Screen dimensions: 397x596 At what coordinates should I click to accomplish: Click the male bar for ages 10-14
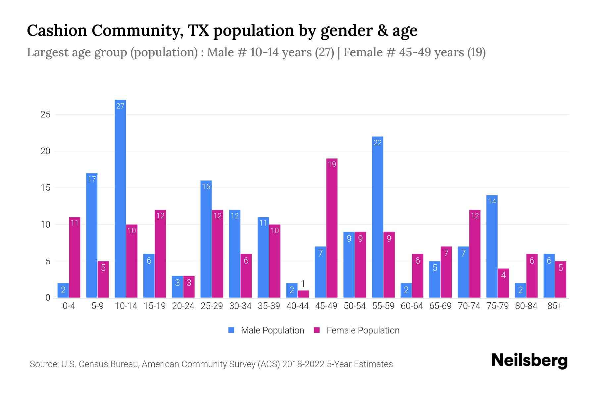tap(120, 198)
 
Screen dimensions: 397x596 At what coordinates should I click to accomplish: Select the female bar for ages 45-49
tap(332, 228)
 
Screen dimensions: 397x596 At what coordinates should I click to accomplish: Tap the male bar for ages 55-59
tap(377, 217)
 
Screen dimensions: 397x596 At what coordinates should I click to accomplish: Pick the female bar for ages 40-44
tap(303, 294)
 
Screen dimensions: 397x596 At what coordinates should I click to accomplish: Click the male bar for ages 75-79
tap(492, 246)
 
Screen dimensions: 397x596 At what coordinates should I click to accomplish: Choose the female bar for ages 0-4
tap(74, 257)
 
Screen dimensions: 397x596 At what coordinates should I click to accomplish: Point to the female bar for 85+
tap(561, 280)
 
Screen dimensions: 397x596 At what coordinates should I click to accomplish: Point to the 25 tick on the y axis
tap(45, 114)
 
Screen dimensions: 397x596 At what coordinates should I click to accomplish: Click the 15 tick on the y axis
tap(45, 188)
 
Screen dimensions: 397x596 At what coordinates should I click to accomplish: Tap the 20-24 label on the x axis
tap(183, 306)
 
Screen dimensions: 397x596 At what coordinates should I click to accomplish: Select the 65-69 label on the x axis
tap(440, 306)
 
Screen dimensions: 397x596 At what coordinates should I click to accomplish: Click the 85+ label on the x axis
tap(555, 306)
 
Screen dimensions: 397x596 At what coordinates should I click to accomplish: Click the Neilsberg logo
tap(529, 361)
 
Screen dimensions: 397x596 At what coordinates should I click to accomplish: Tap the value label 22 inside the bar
tap(377, 143)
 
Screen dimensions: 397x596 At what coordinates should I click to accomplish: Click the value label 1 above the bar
tap(303, 284)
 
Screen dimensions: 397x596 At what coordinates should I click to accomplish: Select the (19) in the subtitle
tap(476, 52)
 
